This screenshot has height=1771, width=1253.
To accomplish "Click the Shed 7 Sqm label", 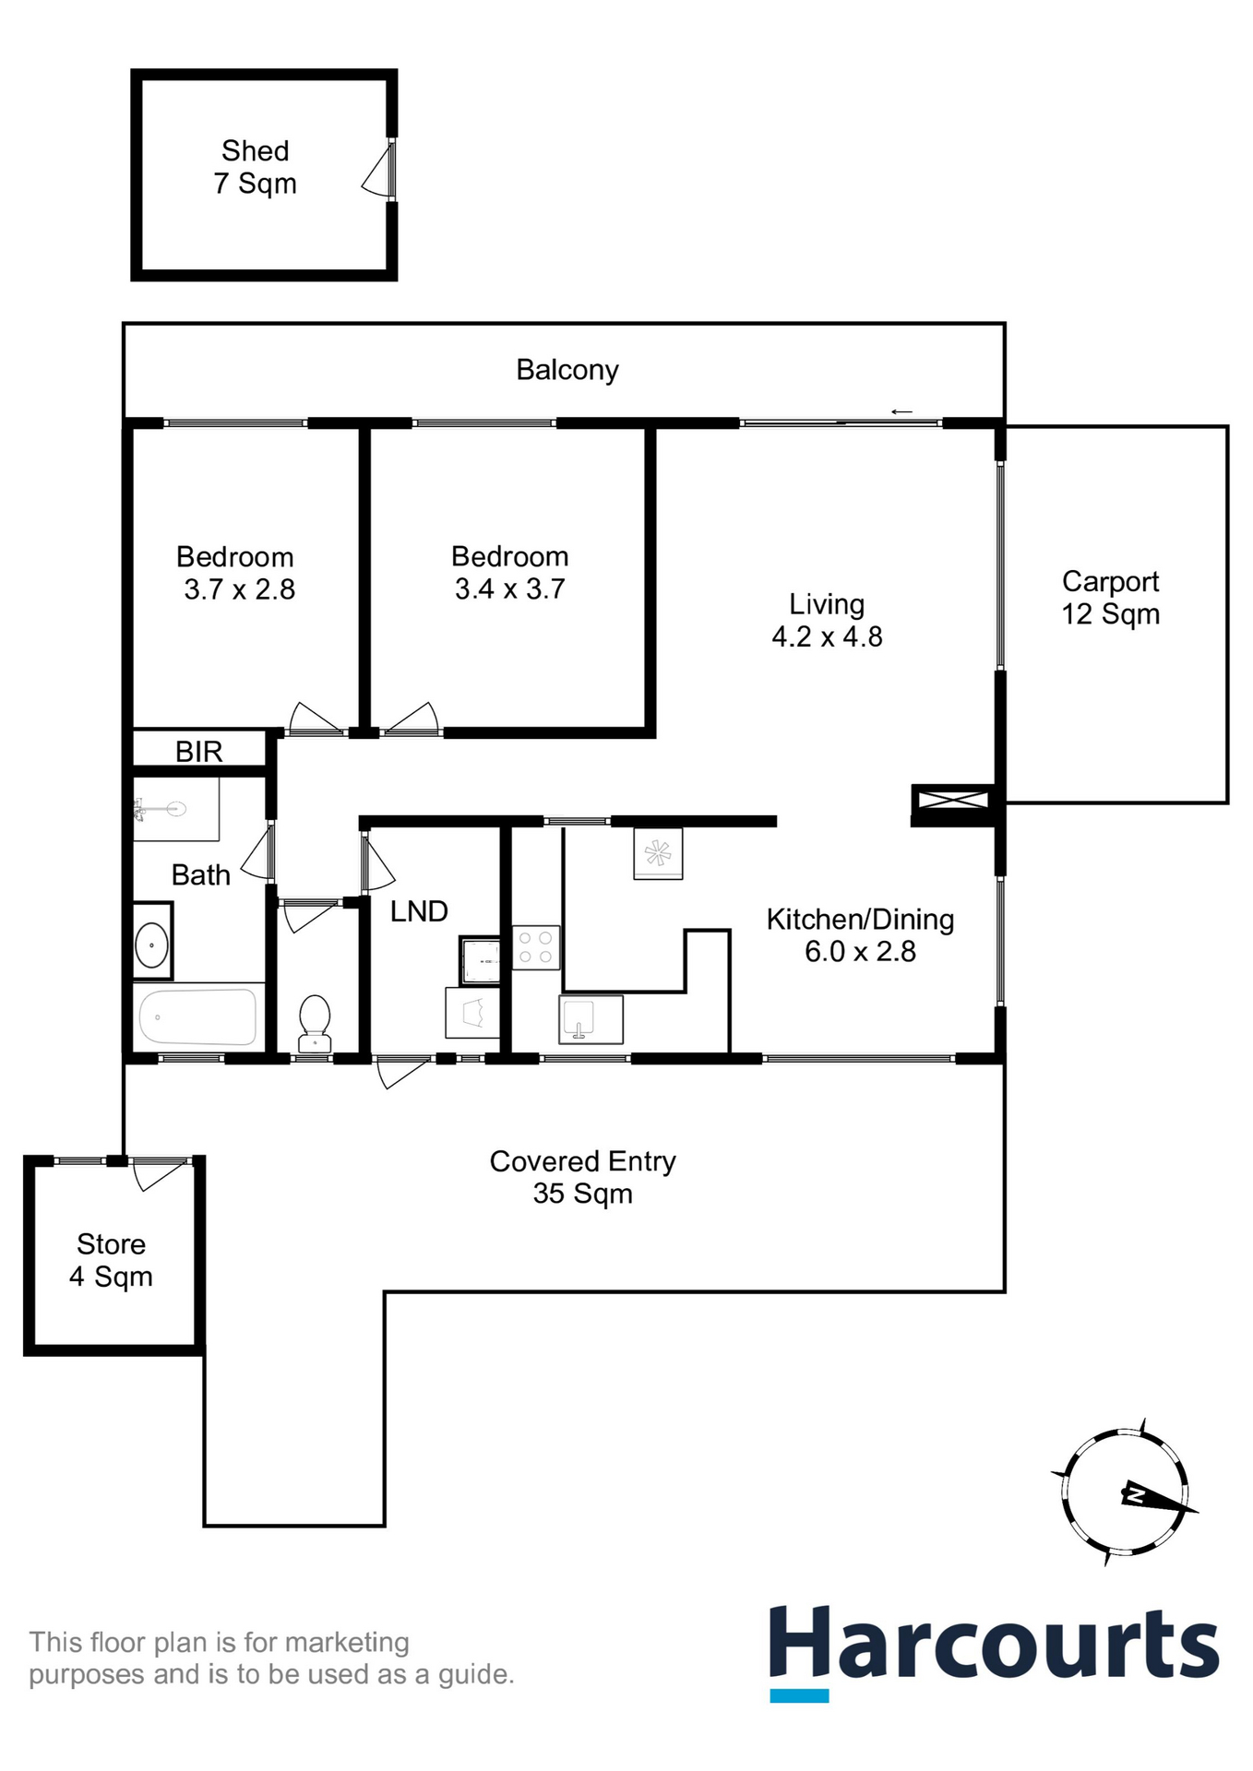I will pos(255,167).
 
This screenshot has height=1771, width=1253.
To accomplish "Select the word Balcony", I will pos(567,370).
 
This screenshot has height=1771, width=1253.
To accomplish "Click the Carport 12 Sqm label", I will pos(1110,598).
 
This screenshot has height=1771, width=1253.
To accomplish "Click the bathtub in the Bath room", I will pos(197,1016).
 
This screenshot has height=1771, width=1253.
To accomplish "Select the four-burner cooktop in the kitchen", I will pos(535,946).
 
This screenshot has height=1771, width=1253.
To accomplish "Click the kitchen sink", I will pos(591,1019).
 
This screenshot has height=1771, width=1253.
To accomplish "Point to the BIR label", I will pos(199,752).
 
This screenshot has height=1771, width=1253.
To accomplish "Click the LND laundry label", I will pos(419,911).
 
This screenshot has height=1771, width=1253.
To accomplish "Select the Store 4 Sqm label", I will pos(111,1260).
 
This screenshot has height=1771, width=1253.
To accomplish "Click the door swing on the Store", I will pos(157,1175).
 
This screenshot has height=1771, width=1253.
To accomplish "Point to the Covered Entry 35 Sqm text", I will pos(582,1177).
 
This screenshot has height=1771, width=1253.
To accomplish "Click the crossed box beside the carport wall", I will pos(951,799).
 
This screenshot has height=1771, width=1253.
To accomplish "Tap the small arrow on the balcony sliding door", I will pos(901,411).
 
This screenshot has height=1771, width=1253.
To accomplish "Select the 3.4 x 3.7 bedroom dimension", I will pos(509,588).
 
